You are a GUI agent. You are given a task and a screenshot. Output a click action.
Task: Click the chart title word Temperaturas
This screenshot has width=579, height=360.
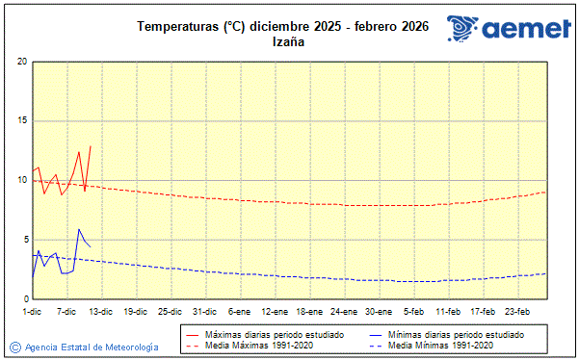point(177,27)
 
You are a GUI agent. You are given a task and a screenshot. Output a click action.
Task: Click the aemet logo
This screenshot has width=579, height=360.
point(509,30)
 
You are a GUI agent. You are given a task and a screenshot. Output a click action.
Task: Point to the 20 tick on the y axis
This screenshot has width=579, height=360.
point(22,62)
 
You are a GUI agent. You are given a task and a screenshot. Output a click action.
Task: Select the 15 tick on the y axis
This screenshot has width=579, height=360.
point(22,121)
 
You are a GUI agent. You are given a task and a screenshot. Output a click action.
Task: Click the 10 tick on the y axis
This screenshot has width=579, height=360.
point(22,181)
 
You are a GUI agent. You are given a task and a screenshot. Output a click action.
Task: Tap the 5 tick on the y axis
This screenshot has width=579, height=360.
point(24,241)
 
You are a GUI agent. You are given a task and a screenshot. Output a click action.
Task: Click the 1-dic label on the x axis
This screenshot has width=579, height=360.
point(33,312)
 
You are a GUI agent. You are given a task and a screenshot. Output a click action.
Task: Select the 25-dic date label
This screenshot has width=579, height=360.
point(171,312)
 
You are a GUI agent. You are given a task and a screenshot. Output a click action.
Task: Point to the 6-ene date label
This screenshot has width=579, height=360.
point(240,312)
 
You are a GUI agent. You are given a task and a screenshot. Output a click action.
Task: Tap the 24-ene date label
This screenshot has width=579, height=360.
point(344,312)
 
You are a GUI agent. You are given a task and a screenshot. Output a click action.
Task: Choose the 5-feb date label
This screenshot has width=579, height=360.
point(414,312)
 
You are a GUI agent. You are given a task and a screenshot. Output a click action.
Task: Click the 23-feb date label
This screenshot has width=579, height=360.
point(518,312)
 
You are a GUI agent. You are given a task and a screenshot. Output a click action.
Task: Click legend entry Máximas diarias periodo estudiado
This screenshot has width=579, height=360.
point(275,334)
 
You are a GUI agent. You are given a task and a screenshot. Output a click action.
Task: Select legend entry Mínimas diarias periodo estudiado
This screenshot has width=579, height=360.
point(455,334)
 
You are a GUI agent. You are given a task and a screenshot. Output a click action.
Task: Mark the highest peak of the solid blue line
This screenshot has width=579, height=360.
point(79,229)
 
